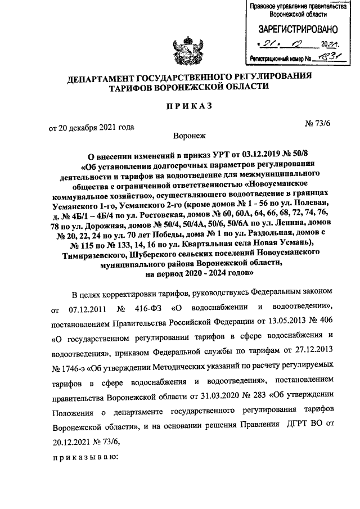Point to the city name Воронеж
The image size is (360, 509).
coord(191,136)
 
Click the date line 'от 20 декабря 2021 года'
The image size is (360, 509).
coord(92,128)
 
